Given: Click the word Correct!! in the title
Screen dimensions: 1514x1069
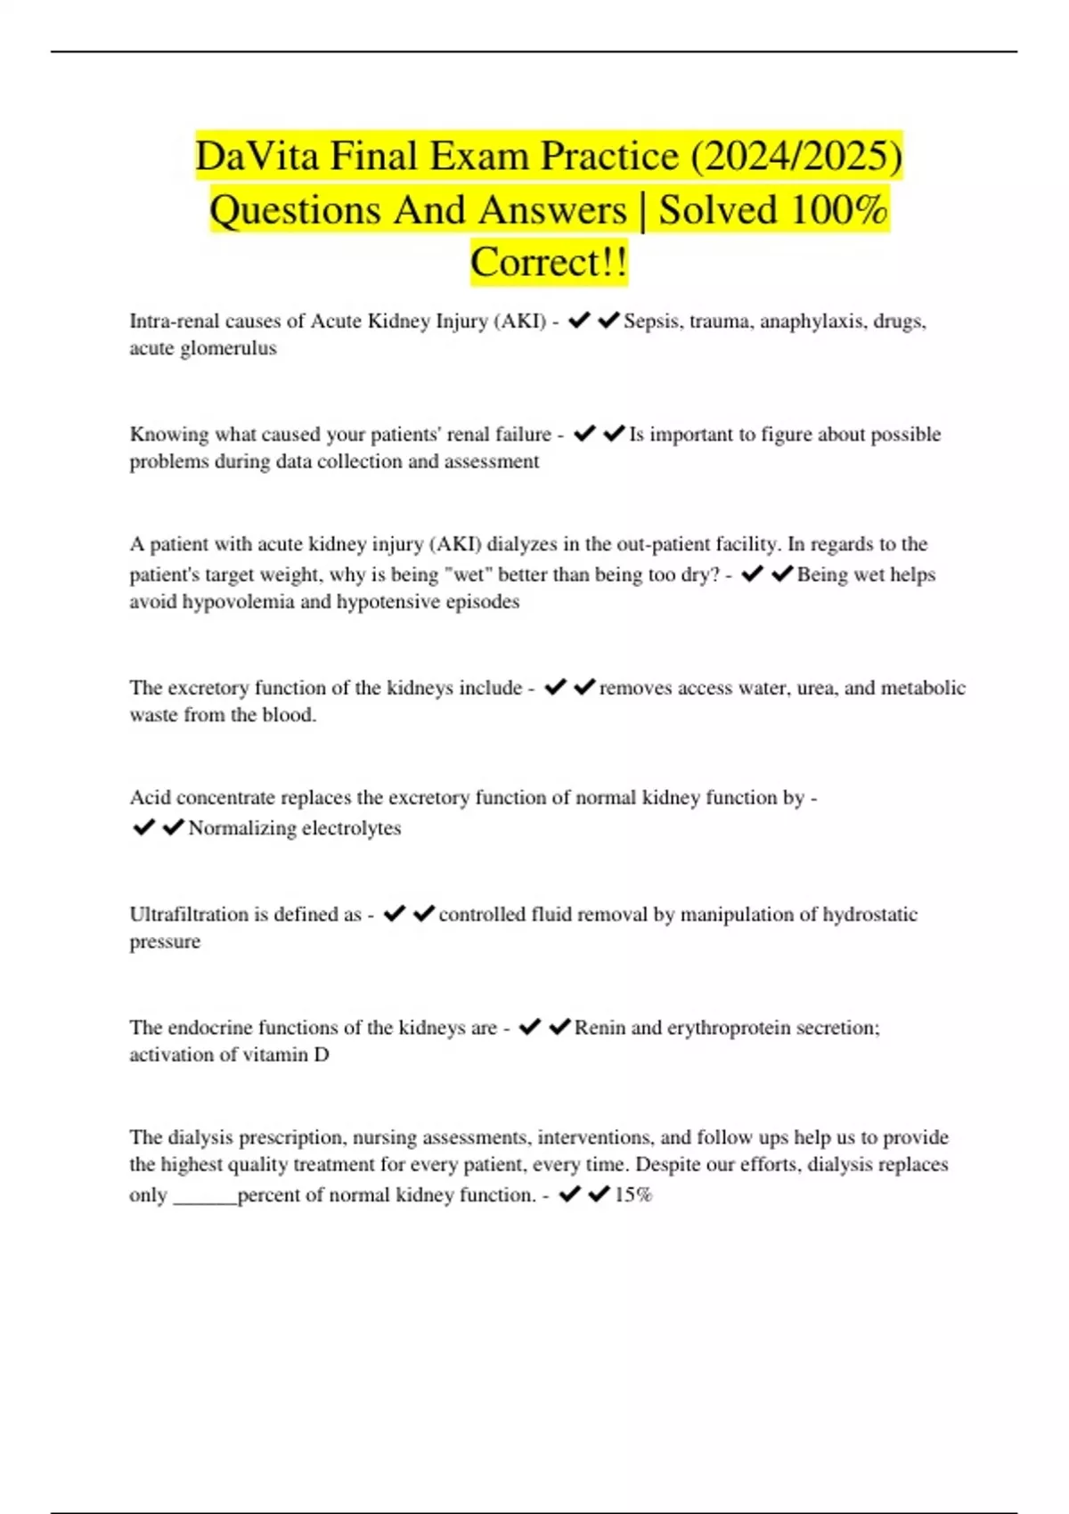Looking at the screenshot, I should tap(549, 263).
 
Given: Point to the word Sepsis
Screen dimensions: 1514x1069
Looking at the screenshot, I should tap(653, 322).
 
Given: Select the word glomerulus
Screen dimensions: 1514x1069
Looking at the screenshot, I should tap(228, 348).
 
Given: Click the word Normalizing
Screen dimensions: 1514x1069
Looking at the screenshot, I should tap(241, 828).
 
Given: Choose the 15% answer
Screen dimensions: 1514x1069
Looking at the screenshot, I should tap(633, 1195).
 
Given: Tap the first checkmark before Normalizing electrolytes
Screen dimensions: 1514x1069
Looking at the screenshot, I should tap(143, 827).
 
